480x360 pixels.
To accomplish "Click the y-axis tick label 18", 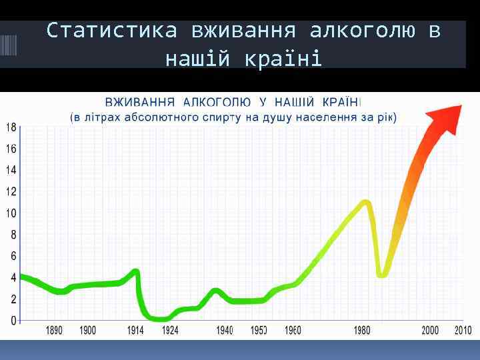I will coord(11,127).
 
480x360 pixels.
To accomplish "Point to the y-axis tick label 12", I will coord(11,191).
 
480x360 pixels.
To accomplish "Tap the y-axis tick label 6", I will coord(13,256).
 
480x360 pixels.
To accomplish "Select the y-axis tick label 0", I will coord(13,321).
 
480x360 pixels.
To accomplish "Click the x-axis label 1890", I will coord(55,331).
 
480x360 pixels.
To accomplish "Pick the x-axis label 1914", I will coord(135,331).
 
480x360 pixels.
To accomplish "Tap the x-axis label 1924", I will coord(170,331).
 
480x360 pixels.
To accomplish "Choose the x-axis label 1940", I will coord(225,331).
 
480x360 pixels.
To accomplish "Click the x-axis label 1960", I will coord(293,331).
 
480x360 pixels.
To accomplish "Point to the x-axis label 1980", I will coord(362,331).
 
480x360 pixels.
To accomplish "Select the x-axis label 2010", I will coord(463,331).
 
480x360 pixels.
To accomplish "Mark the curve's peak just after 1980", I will coord(365,201).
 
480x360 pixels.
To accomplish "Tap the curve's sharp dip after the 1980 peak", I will coord(382,274).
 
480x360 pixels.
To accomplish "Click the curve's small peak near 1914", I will coord(135,271).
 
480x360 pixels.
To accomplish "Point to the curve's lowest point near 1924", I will coord(160,319).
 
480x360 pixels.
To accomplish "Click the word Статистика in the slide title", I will coord(112,31).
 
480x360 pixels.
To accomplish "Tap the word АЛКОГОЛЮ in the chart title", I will coord(217,103).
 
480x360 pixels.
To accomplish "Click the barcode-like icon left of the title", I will coord(9,45).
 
